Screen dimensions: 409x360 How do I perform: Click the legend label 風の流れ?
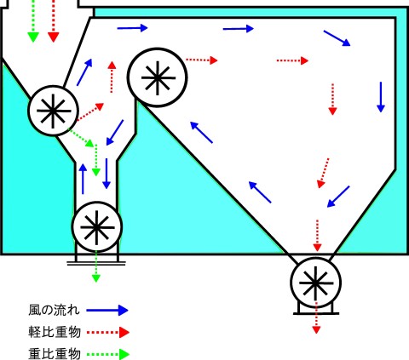click(54, 310)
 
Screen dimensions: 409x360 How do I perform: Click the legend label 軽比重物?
click(55, 332)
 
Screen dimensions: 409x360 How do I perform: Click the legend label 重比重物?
click(55, 353)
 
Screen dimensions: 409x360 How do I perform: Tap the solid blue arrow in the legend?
click(107, 310)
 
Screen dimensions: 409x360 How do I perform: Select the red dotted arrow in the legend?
click(108, 332)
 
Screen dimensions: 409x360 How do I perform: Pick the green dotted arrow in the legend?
click(108, 354)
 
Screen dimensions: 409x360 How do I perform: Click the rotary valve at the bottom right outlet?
click(315, 283)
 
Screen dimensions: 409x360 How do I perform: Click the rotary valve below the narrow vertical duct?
click(97, 227)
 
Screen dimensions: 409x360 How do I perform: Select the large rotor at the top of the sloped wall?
click(157, 77)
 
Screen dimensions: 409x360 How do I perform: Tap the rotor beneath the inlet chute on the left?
click(53, 111)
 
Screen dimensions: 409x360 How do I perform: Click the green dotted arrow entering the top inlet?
click(33, 21)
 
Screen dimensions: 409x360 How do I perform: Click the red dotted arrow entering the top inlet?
click(54, 21)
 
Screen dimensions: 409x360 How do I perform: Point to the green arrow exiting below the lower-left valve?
click(96, 266)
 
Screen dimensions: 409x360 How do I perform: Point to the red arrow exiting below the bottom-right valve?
click(316, 317)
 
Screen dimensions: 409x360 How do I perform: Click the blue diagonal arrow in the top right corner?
click(337, 38)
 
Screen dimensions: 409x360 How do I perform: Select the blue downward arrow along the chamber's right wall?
click(381, 97)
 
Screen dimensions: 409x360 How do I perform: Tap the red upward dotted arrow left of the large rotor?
click(112, 77)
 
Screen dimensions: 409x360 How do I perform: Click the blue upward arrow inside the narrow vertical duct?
click(83, 179)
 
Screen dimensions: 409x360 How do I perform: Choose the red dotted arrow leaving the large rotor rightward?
click(202, 60)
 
